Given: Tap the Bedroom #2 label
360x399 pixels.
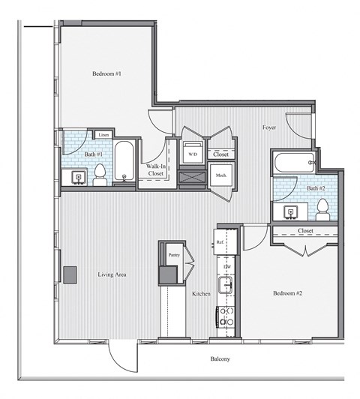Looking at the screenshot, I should pos(287,292).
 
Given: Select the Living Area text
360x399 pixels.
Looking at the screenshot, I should pos(112,274).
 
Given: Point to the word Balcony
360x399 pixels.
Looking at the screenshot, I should pos(220,359).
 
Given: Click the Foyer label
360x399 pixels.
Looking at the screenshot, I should pos(269,127).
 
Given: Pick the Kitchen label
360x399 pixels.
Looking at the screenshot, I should pos(201,293).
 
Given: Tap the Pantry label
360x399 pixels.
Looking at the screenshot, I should pos(174,255).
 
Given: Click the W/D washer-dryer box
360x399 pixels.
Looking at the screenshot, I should pos(193,154).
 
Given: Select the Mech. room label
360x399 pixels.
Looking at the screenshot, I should pos(222,175).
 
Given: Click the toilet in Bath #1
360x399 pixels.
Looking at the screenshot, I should pos(100,175).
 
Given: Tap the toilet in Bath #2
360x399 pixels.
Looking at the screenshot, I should pos(322,208).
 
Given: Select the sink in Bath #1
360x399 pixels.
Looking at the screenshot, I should pos(77,177).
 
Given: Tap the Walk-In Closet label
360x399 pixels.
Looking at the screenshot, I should pos(156,169).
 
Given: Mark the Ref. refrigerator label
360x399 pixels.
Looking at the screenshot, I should pos(221,243).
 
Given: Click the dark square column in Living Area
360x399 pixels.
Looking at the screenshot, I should pos(70,275).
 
